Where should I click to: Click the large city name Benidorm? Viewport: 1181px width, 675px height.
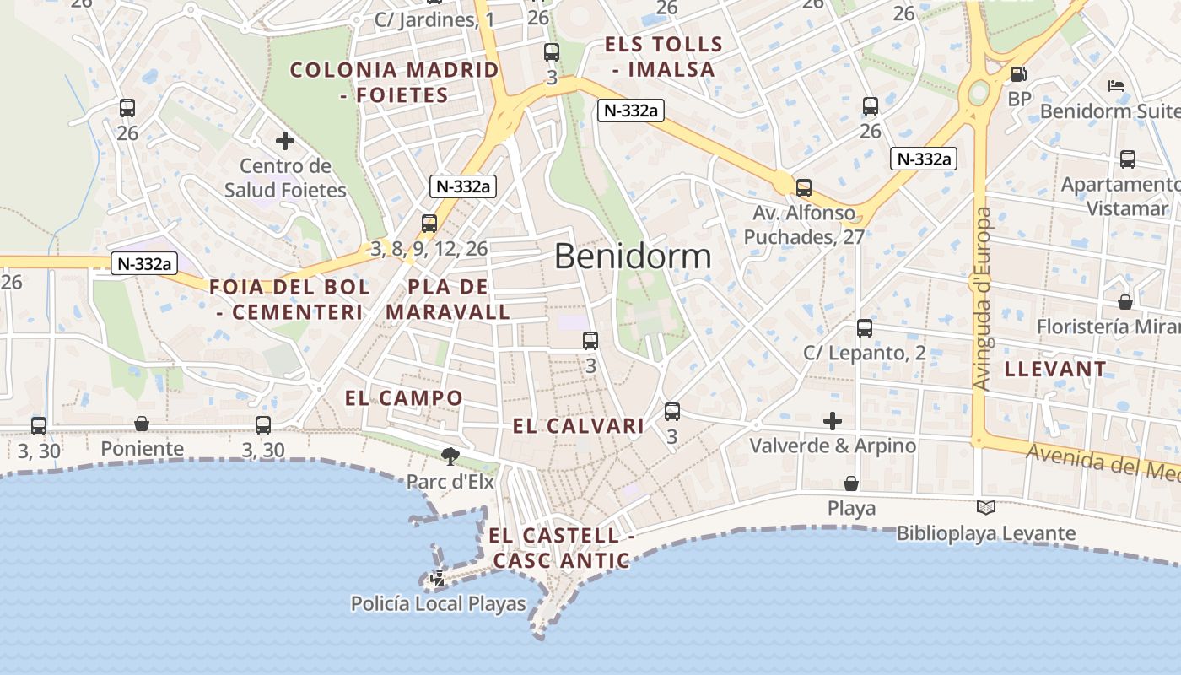point(633,256)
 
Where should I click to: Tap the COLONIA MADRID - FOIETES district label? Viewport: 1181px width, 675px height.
point(395,82)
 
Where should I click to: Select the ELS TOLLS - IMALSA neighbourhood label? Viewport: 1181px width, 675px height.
point(664,57)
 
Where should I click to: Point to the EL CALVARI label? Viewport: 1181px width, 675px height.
point(579,427)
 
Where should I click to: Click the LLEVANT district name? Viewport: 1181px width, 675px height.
point(1054,369)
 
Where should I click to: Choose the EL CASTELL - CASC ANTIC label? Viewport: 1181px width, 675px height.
point(561,548)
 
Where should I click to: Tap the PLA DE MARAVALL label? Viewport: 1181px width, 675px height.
point(448,300)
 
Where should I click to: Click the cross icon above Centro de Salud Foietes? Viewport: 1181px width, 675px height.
point(285,141)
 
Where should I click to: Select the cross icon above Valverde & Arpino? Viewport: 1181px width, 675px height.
point(833,420)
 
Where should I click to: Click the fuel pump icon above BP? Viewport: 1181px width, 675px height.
point(1019,74)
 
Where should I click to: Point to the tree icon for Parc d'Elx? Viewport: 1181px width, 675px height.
point(450,456)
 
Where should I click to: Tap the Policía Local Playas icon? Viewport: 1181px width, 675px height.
point(438,580)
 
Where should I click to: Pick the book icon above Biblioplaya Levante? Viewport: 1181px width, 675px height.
point(985,508)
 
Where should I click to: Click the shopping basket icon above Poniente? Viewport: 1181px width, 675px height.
point(142,424)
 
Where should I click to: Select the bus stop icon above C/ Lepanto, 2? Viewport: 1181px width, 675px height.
point(865,328)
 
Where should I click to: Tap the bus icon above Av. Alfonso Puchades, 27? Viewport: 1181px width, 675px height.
point(804,188)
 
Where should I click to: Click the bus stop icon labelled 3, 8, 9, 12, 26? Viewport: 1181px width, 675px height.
point(429,224)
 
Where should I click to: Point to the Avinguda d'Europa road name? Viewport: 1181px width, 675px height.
point(982,300)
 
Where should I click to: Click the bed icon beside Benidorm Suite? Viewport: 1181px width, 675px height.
point(1116,86)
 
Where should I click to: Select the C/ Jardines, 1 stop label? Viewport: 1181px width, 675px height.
point(435,19)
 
